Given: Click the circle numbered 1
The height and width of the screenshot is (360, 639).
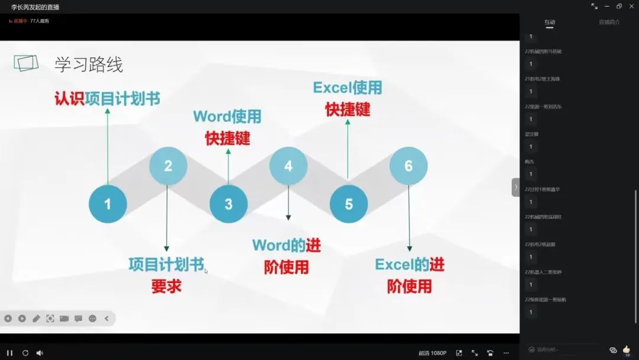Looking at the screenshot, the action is pos(108,204).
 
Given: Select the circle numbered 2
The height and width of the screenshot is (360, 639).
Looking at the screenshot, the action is pos(168,166).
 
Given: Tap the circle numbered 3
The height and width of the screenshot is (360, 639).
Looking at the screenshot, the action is pos(228,204).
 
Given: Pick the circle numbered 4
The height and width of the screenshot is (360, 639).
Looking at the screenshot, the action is pos(288,166).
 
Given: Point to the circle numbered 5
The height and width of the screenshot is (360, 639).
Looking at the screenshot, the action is pos(348,204).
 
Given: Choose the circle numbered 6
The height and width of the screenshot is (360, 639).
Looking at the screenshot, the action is pos(408,166).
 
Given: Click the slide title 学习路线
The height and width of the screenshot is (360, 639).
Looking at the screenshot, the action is pos(89,65).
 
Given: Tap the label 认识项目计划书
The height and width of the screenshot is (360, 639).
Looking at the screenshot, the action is pos(107,98).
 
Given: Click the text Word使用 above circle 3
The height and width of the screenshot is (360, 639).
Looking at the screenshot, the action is pos(227,116).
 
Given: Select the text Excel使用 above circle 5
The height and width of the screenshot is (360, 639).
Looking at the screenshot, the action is pos(347,88).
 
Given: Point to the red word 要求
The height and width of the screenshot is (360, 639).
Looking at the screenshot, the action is pos(166,287).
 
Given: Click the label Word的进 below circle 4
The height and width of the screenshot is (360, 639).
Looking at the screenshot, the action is pos(286,245).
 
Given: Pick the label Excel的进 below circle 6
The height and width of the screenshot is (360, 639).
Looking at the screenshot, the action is pos(409,264).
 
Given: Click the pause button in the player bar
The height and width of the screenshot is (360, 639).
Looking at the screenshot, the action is pos(10,353).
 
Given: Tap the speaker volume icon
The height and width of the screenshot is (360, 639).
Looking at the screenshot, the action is pos(40,353).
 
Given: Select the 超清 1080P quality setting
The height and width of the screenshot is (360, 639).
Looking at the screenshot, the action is pos(433,353).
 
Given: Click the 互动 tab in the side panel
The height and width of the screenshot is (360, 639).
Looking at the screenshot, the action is pos(550,22).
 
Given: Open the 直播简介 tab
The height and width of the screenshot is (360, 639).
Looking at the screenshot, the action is pos(609,22).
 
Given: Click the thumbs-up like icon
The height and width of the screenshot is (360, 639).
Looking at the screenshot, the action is pos(627,349).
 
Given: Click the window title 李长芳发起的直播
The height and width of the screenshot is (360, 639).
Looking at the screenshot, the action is pos(35,7).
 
